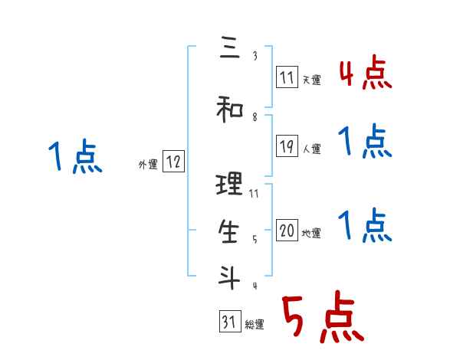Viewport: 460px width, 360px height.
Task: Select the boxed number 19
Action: click(287, 146)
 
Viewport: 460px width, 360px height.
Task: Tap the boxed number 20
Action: click(287, 231)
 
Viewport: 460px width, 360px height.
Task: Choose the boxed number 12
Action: click(173, 162)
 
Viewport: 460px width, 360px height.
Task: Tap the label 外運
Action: click(148, 165)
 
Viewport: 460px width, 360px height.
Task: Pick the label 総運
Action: click(255, 326)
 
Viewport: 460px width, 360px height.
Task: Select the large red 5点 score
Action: click(321, 319)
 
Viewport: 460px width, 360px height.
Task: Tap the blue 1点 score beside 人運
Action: click(365, 142)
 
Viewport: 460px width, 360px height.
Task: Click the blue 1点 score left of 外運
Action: click(74, 157)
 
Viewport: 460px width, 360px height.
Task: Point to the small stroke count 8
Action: click(254, 118)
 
